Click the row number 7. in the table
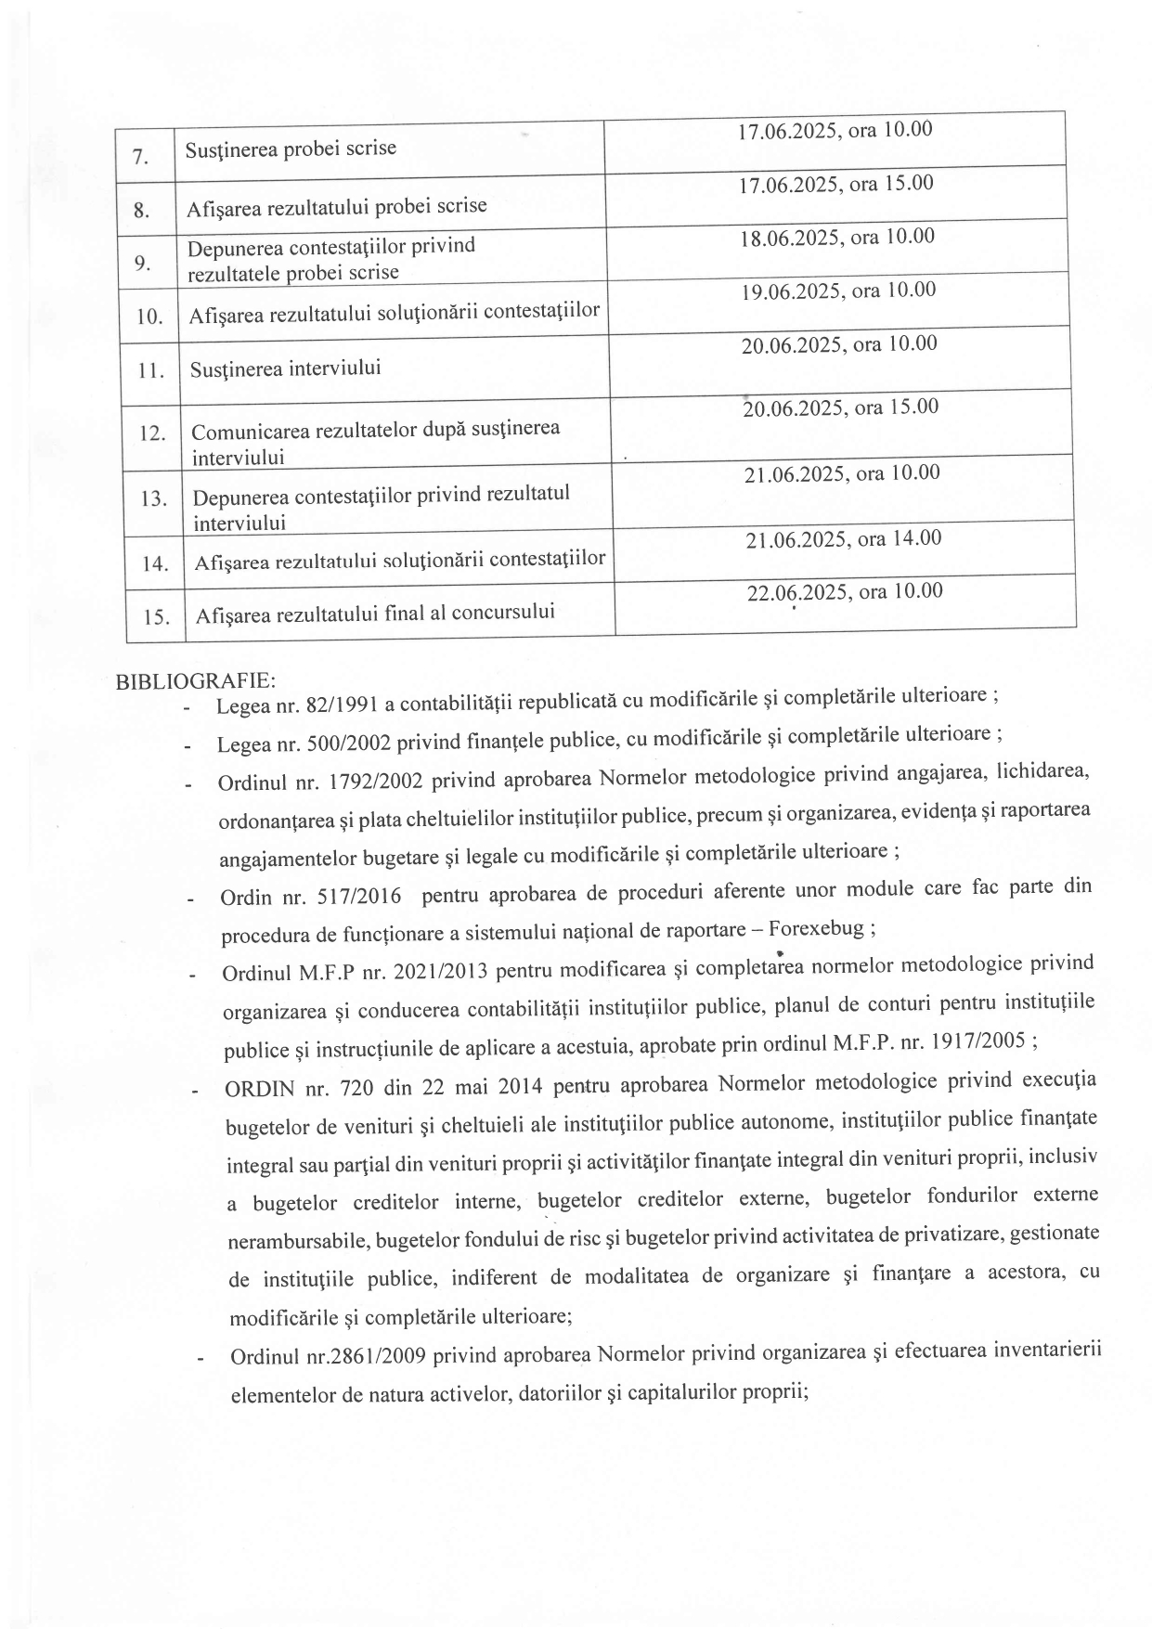click(140, 157)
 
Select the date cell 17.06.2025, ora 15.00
click(835, 185)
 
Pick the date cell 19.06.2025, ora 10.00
click(838, 291)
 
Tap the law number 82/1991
click(340, 705)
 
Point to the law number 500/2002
click(345, 743)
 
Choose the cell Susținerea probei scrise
click(291, 149)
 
